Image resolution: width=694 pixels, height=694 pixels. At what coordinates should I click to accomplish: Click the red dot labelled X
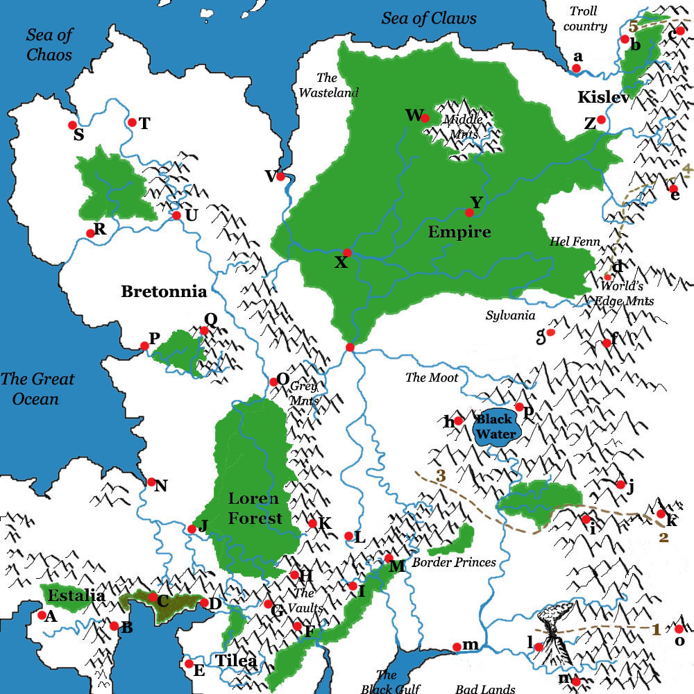348,253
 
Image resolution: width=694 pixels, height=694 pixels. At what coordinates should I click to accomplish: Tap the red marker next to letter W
425,119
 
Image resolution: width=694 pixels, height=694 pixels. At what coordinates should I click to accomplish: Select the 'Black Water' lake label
494,427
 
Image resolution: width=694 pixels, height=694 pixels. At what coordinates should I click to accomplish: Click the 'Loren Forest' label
255,508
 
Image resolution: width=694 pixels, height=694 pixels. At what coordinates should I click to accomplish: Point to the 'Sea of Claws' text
429,18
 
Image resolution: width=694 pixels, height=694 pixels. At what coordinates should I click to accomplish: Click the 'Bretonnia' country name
164,291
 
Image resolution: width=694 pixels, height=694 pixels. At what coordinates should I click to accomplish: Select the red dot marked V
281,176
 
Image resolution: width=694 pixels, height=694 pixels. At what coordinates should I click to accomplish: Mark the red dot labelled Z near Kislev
601,120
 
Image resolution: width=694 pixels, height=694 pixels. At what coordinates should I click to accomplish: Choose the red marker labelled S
72,125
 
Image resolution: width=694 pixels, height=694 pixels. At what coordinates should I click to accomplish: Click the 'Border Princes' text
455,562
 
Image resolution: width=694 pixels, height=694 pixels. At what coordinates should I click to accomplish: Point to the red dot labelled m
456,647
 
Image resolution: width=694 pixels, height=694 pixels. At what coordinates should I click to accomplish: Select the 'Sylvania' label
510,316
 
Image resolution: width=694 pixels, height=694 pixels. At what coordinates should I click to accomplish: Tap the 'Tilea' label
235,661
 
